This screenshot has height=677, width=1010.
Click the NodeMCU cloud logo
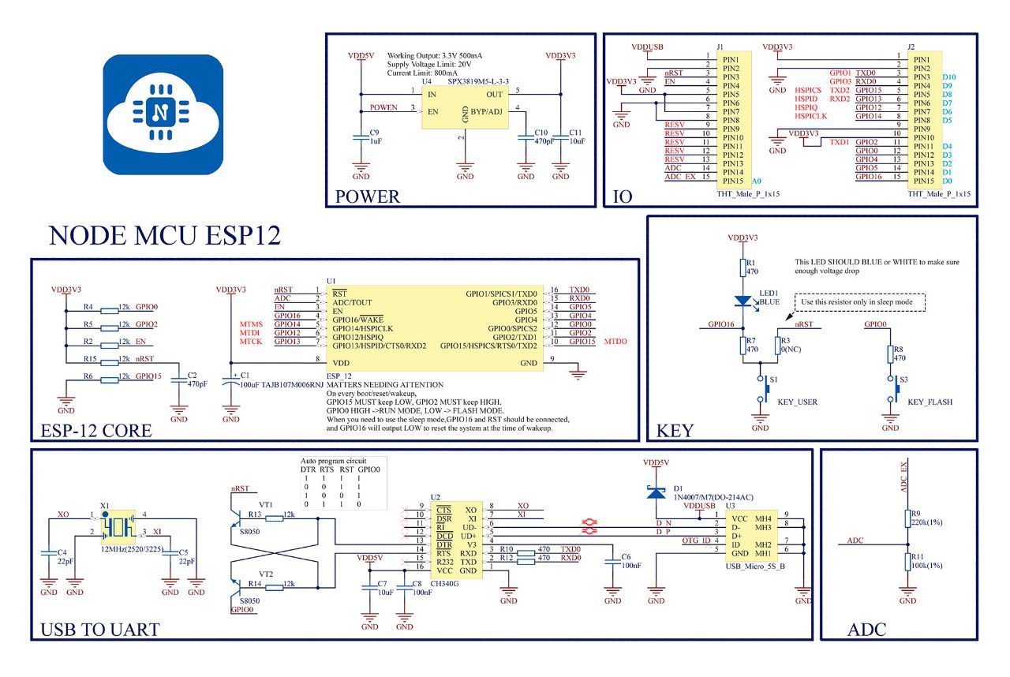point(163,115)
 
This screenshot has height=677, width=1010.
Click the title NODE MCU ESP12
point(165,236)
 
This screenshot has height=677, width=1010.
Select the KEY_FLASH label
point(930,402)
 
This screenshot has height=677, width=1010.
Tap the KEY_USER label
point(797,402)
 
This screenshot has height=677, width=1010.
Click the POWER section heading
point(368,196)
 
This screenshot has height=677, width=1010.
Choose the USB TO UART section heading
point(99,629)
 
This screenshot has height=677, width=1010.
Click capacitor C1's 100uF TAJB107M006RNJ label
point(279,384)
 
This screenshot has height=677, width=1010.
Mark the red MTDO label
point(615,342)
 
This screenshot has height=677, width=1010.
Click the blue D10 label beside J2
point(949,77)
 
